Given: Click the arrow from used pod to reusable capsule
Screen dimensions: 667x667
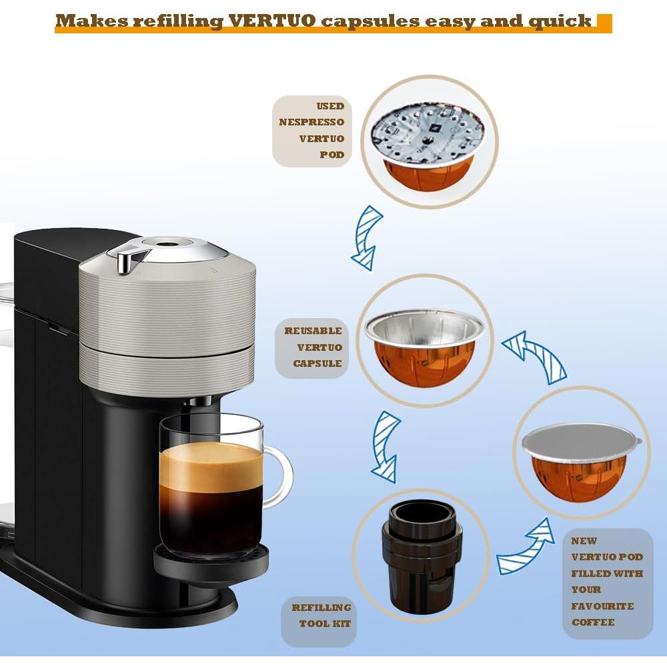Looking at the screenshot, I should pos(366,237).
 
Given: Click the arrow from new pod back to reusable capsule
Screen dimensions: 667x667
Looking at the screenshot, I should pos(534,359).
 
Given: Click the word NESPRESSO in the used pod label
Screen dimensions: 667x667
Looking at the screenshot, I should pos(311,122).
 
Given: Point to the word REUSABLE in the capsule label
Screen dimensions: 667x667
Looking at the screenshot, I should pos(313,331).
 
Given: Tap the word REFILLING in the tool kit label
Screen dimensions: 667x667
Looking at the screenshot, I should pos(321,608).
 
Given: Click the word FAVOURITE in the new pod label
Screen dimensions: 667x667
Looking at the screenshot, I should pos(602,606).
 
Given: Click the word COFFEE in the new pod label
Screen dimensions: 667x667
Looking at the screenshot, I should pos(592,622).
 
